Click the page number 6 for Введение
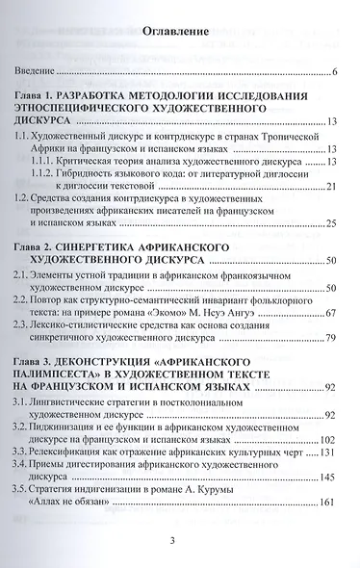[x=333, y=72]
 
